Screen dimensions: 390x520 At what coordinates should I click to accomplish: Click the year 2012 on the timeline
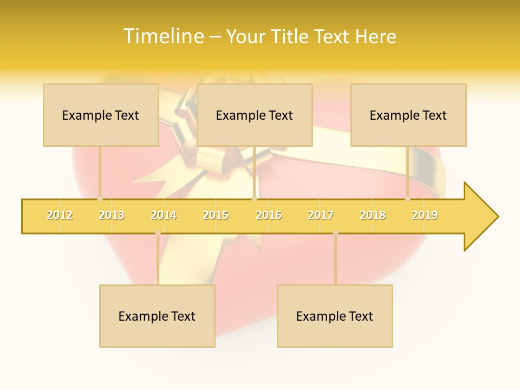[60, 215]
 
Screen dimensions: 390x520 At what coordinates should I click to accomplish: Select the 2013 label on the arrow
[112, 215]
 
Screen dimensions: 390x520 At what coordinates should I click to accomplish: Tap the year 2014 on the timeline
[164, 215]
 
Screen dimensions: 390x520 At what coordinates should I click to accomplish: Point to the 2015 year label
[216, 215]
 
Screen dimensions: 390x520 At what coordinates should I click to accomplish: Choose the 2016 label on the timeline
[269, 215]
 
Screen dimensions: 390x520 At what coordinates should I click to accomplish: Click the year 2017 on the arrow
[321, 215]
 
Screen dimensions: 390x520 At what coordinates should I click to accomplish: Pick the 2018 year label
[373, 215]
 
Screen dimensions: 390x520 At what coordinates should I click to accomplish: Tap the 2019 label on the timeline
[425, 215]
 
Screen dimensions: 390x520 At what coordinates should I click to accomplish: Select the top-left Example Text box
[101, 115]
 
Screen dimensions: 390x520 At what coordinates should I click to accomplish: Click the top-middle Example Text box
[255, 115]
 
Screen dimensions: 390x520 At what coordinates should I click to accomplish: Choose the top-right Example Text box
[408, 115]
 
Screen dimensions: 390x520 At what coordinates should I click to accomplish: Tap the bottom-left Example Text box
[157, 316]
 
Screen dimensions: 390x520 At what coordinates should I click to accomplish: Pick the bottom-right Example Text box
[335, 316]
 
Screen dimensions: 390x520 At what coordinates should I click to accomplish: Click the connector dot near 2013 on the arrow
[100, 199]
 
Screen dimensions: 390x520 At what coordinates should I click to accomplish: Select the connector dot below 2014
[158, 233]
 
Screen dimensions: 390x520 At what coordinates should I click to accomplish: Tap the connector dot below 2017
[335, 233]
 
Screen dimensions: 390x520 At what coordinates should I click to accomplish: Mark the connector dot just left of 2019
[407, 199]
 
